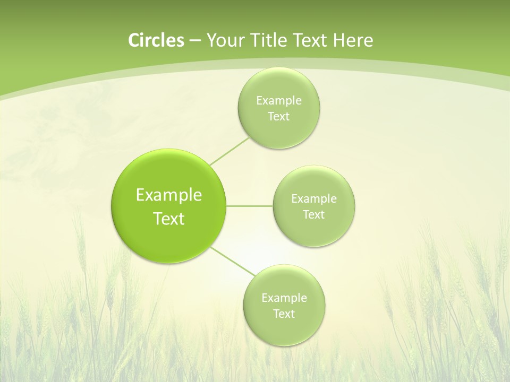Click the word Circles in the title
[156, 40]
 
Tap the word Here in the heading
[353, 40]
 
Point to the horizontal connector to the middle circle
[249, 206]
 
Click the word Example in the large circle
[169, 195]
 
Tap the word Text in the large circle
[169, 219]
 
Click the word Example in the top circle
[278, 101]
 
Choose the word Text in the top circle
[278, 117]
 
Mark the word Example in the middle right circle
[314, 199]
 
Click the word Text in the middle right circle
[314, 215]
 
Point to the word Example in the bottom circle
[284, 298]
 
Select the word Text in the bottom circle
[284, 314]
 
